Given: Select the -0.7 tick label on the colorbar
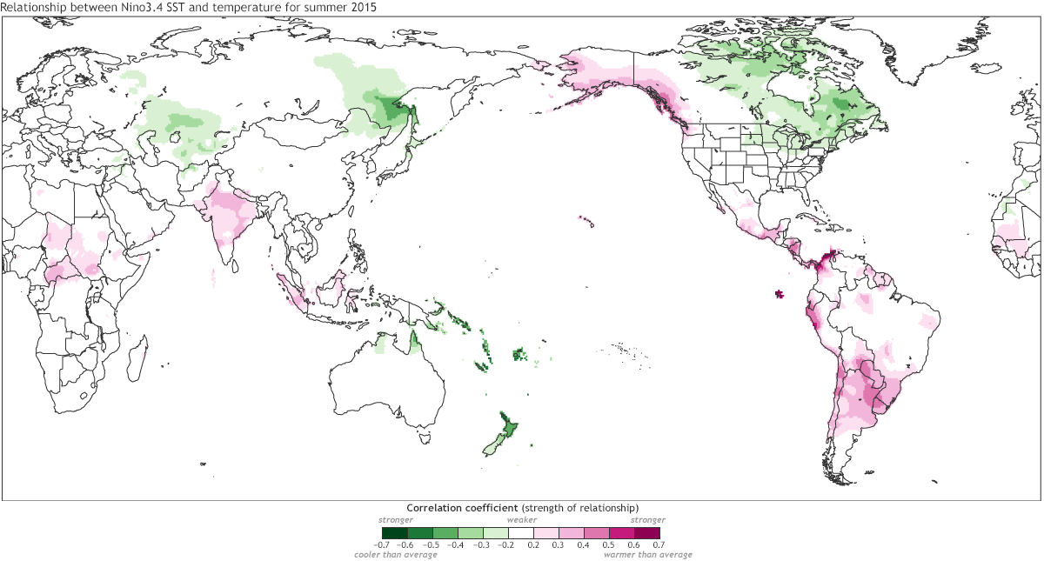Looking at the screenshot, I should pyautogui.click(x=381, y=544).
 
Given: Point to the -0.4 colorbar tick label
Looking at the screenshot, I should pyautogui.click(x=457, y=544).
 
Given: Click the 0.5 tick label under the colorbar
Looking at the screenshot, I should pyautogui.click(x=610, y=544).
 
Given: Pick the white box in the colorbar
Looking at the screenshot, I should pyautogui.click(x=521, y=532).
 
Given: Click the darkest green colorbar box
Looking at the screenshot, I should pyautogui.click(x=394, y=532).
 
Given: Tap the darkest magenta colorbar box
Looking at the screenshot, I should pyautogui.click(x=647, y=532).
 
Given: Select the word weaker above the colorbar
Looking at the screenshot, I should pyautogui.click(x=521, y=519).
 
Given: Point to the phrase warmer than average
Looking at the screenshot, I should pyautogui.click(x=648, y=555).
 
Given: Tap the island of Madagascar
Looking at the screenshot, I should pyautogui.click(x=137, y=355).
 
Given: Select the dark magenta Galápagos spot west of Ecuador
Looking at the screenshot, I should pyautogui.click(x=779, y=294).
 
